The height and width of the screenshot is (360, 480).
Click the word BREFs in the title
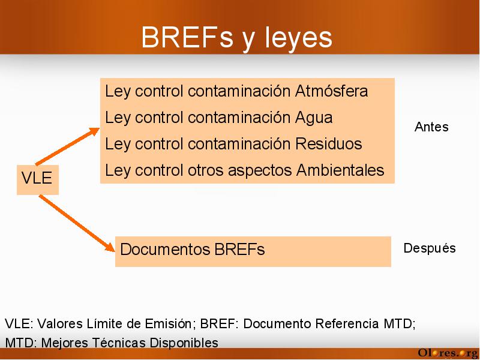point(187,37)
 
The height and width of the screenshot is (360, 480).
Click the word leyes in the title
point(298,38)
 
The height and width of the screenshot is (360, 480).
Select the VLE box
point(38,179)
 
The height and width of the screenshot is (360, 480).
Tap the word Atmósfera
point(331,91)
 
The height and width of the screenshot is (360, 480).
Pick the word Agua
point(314,118)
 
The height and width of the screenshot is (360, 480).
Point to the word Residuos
point(329,143)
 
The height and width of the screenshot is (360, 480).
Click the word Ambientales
point(340,170)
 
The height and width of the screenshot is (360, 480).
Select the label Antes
point(431,127)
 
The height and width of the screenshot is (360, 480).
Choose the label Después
point(430,248)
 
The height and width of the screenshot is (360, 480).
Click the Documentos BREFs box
point(253,251)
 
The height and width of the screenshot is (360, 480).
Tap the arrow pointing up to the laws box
point(68,146)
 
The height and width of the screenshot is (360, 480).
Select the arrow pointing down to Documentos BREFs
point(77,223)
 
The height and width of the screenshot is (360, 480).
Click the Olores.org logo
point(448,353)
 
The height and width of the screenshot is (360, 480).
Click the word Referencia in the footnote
point(347,323)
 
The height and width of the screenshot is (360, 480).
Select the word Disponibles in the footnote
point(184,343)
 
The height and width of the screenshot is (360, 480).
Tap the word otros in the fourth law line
point(205,170)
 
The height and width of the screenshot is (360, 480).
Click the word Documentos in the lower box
point(165,249)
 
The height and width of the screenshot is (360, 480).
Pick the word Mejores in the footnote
point(65,343)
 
